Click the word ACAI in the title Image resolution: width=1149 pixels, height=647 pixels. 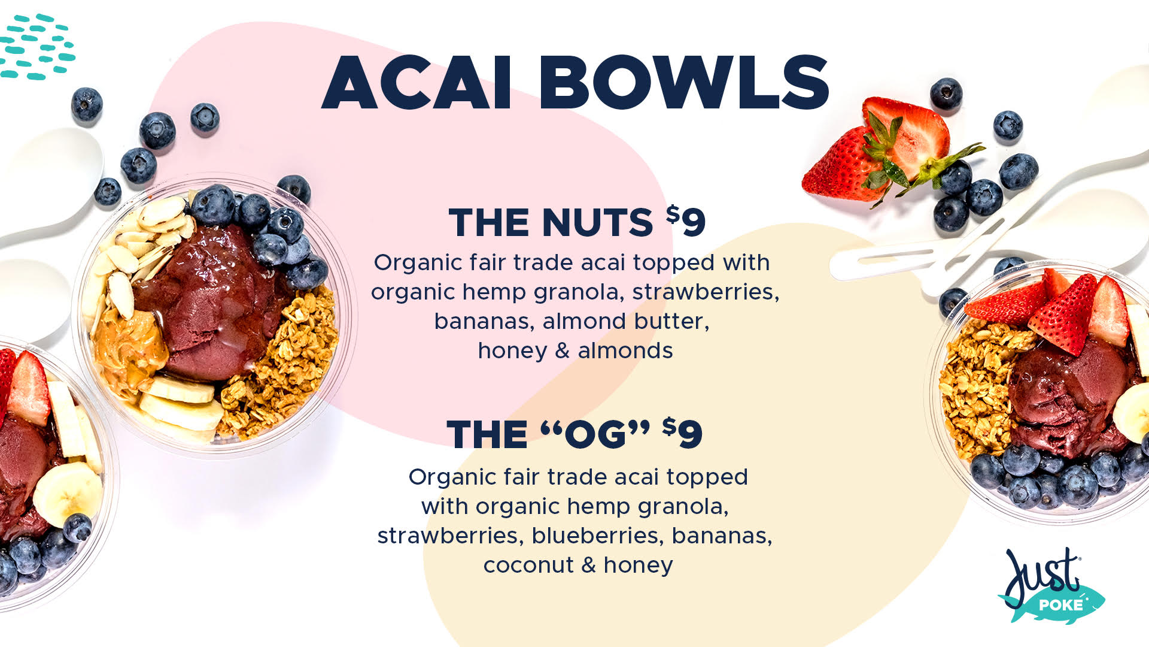tap(417, 83)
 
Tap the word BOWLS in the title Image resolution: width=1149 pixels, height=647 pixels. tap(684, 83)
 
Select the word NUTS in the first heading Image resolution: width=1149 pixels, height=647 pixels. tap(597, 223)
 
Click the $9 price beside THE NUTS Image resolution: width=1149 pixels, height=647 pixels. tap(686, 220)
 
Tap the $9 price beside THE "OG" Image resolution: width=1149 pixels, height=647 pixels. tap(682, 433)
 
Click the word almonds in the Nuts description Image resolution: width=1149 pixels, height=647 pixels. tap(625, 351)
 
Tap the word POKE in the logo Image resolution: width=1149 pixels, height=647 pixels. tap(1060, 605)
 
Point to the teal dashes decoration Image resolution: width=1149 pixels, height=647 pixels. tap(36, 47)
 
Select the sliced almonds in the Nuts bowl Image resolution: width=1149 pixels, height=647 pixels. tap(141, 252)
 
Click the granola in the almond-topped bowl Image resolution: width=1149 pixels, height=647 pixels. tap(278, 365)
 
